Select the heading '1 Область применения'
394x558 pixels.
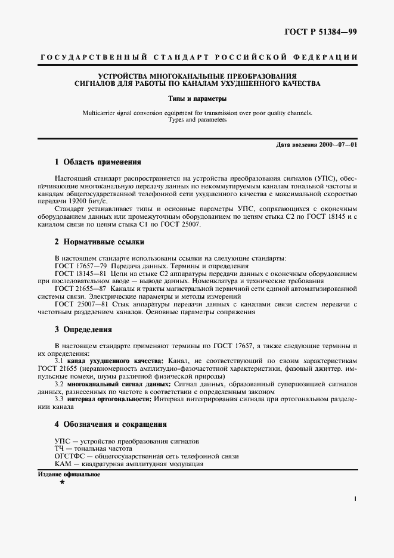click(97, 162)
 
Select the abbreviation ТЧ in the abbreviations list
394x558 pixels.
click(59, 448)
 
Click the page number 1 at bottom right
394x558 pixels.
click(355, 498)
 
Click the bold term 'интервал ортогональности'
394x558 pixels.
click(110, 399)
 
